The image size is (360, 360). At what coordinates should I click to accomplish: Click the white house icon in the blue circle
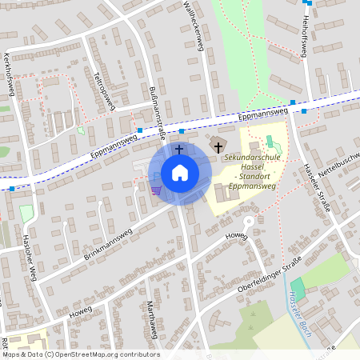click(180, 173)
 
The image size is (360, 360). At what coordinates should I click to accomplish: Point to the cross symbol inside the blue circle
click(179, 149)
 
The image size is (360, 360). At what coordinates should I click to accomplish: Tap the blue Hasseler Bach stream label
click(298, 307)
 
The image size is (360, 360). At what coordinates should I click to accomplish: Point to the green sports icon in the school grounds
click(270, 142)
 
